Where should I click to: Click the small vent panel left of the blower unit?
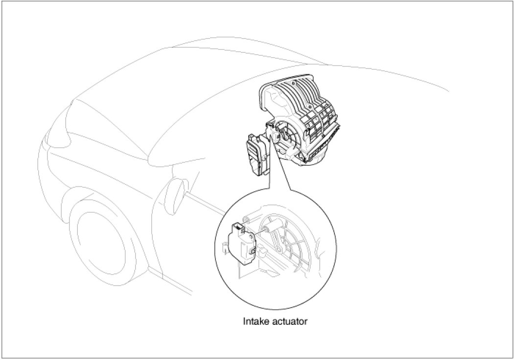click(x=256, y=154)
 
